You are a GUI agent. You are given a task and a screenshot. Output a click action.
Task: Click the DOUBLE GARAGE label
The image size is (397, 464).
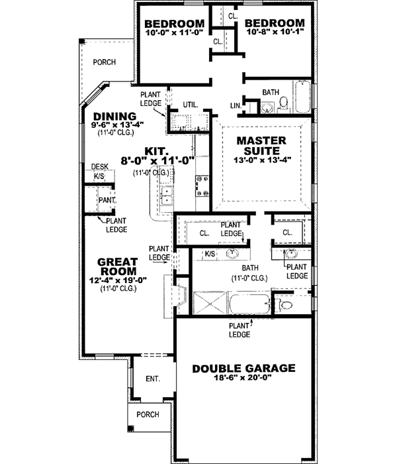pyautogui.click(x=243, y=369)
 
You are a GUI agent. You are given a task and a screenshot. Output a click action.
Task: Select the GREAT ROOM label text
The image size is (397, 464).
pyautogui.click(x=117, y=266)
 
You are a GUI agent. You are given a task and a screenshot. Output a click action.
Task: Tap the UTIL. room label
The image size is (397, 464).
pyautogui.click(x=191, y=105)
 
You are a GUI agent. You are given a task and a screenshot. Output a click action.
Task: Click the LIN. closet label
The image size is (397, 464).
pyautogui.click(x=236, y=105)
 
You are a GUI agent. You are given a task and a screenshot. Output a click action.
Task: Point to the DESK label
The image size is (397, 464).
pyautogui.click(x=99, y=167)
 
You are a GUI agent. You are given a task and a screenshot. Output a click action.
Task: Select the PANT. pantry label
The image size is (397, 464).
pyautogui.click(x=107, y=199)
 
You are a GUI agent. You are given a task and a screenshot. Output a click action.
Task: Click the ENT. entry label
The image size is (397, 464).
pyautogui.click(x=153, y=378)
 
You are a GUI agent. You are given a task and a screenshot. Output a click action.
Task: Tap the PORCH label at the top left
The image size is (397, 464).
pyautogui.click(x=105, y=62)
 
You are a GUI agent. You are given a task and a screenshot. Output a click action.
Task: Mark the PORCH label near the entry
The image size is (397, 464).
pyautogui.click(x=148, y=415)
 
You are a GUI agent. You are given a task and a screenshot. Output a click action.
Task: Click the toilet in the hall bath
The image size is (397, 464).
pyautogui.click(x=283, y=104)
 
